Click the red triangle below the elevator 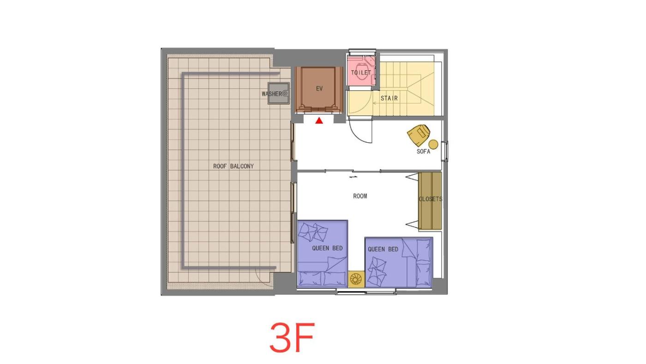(319, 121)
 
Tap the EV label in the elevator (319, 89)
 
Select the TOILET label (361, 73)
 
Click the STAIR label (389, 98)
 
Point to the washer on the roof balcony (279, 93)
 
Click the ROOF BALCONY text (233, 166)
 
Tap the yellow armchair (419, 134)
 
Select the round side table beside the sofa (433, 144)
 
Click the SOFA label (424, 152)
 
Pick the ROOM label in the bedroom (360, 196)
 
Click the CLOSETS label (430, 199)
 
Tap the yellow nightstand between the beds (356, 279)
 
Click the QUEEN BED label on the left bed (327, 248)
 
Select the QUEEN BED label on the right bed (383, 249)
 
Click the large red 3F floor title (292, 338)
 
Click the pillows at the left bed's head (323, 279)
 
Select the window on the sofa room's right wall (445, 151)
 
